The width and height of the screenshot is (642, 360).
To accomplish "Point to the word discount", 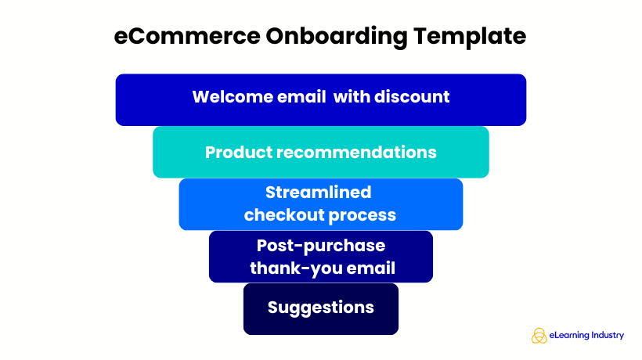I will click(x=411, y=97).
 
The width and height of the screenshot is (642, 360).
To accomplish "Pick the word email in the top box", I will click(x=298, y=97).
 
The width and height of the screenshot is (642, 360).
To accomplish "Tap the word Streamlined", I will click(x=318, y=193).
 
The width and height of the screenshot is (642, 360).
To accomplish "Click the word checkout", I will click(x=280, y=214).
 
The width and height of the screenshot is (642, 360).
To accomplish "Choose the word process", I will click(x=360, y=214).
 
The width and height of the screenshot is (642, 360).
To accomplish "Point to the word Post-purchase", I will click(x=321, y=246).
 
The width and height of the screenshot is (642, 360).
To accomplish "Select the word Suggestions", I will click(x=321, y=308).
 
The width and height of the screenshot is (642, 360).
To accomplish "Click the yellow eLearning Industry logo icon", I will click(x=539, y=336).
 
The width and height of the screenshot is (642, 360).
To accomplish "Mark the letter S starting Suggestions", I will click(x=273, y=308).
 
